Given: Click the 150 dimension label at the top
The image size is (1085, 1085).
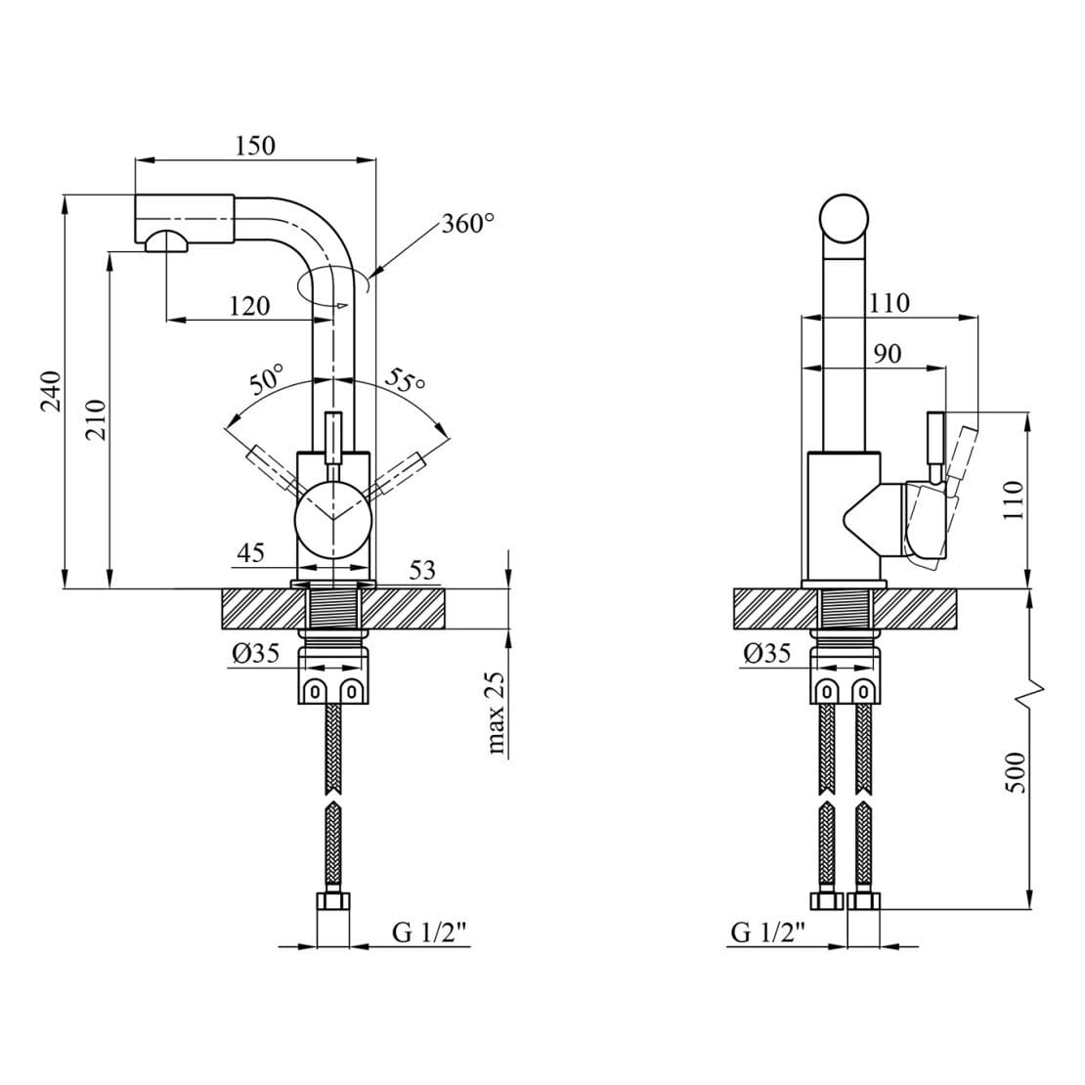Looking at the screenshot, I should click(255, 146).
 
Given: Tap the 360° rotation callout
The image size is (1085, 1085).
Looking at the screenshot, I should click(467, 224).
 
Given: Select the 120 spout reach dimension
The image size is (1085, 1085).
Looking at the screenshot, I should click(249, 306).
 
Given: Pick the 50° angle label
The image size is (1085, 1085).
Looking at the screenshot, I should click(265, 378).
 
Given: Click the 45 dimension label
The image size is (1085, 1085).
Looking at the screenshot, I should click(250, 553).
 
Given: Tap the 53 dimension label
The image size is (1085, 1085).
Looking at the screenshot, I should click(421, 570).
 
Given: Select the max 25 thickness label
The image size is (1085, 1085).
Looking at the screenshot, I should click(498, 716).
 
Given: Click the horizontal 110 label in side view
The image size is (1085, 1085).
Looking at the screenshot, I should click(889, 303).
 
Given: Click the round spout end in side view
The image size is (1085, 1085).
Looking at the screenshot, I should click(843, 220).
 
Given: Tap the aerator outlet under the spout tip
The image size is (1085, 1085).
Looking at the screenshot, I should click(166, 243).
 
